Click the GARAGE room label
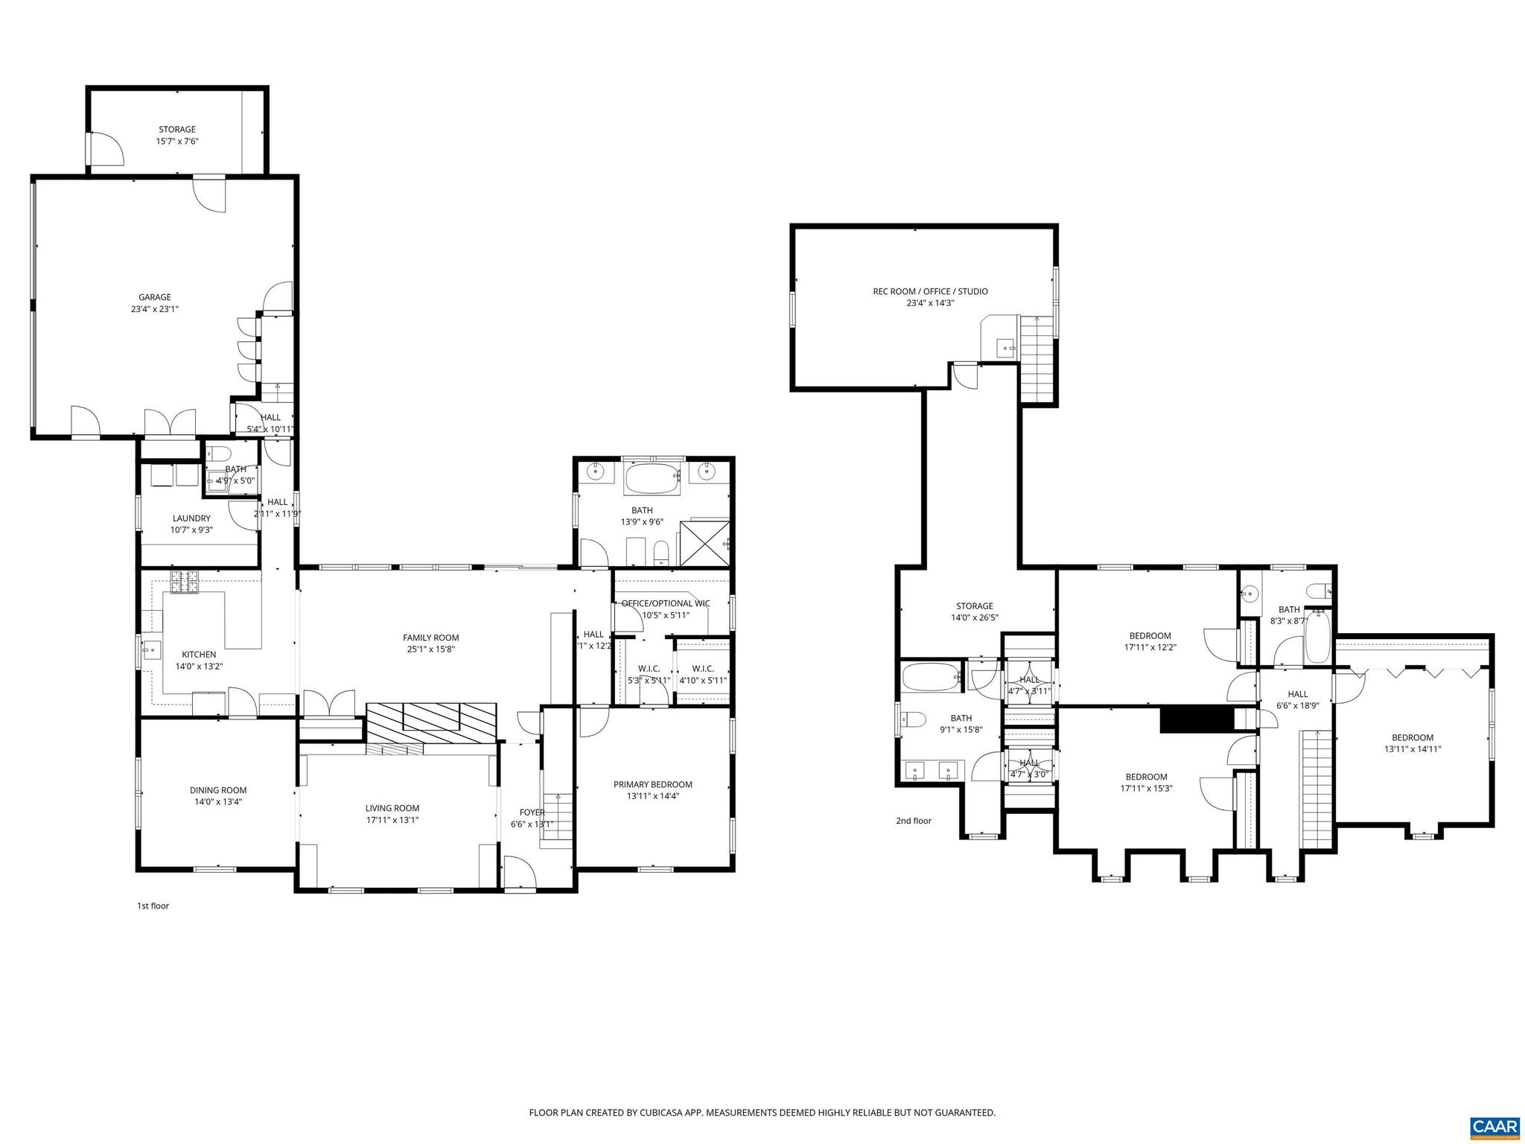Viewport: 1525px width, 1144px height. (x=154, y=297)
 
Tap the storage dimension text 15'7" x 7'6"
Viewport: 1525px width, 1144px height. (x=176, y=141)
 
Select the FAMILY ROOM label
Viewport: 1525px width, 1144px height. (x=430, y=638)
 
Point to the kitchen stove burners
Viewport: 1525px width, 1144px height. (x=185, y=582)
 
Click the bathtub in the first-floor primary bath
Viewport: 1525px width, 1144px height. (x=652, y=478)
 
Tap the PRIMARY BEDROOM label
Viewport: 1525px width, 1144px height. (x=652, y=784)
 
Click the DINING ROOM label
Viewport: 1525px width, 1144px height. (x=217, y=790)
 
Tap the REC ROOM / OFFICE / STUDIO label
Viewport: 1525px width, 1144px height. (x=930, y=291)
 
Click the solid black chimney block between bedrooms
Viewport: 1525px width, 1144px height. (x=1193, y=719)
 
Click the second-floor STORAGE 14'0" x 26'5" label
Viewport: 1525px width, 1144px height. (x=974, y=606)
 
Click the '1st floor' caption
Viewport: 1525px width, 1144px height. (x=153, y=906)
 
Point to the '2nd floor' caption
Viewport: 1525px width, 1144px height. (x=913, y=821)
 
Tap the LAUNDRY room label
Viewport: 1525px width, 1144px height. (x=191, y=518)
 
